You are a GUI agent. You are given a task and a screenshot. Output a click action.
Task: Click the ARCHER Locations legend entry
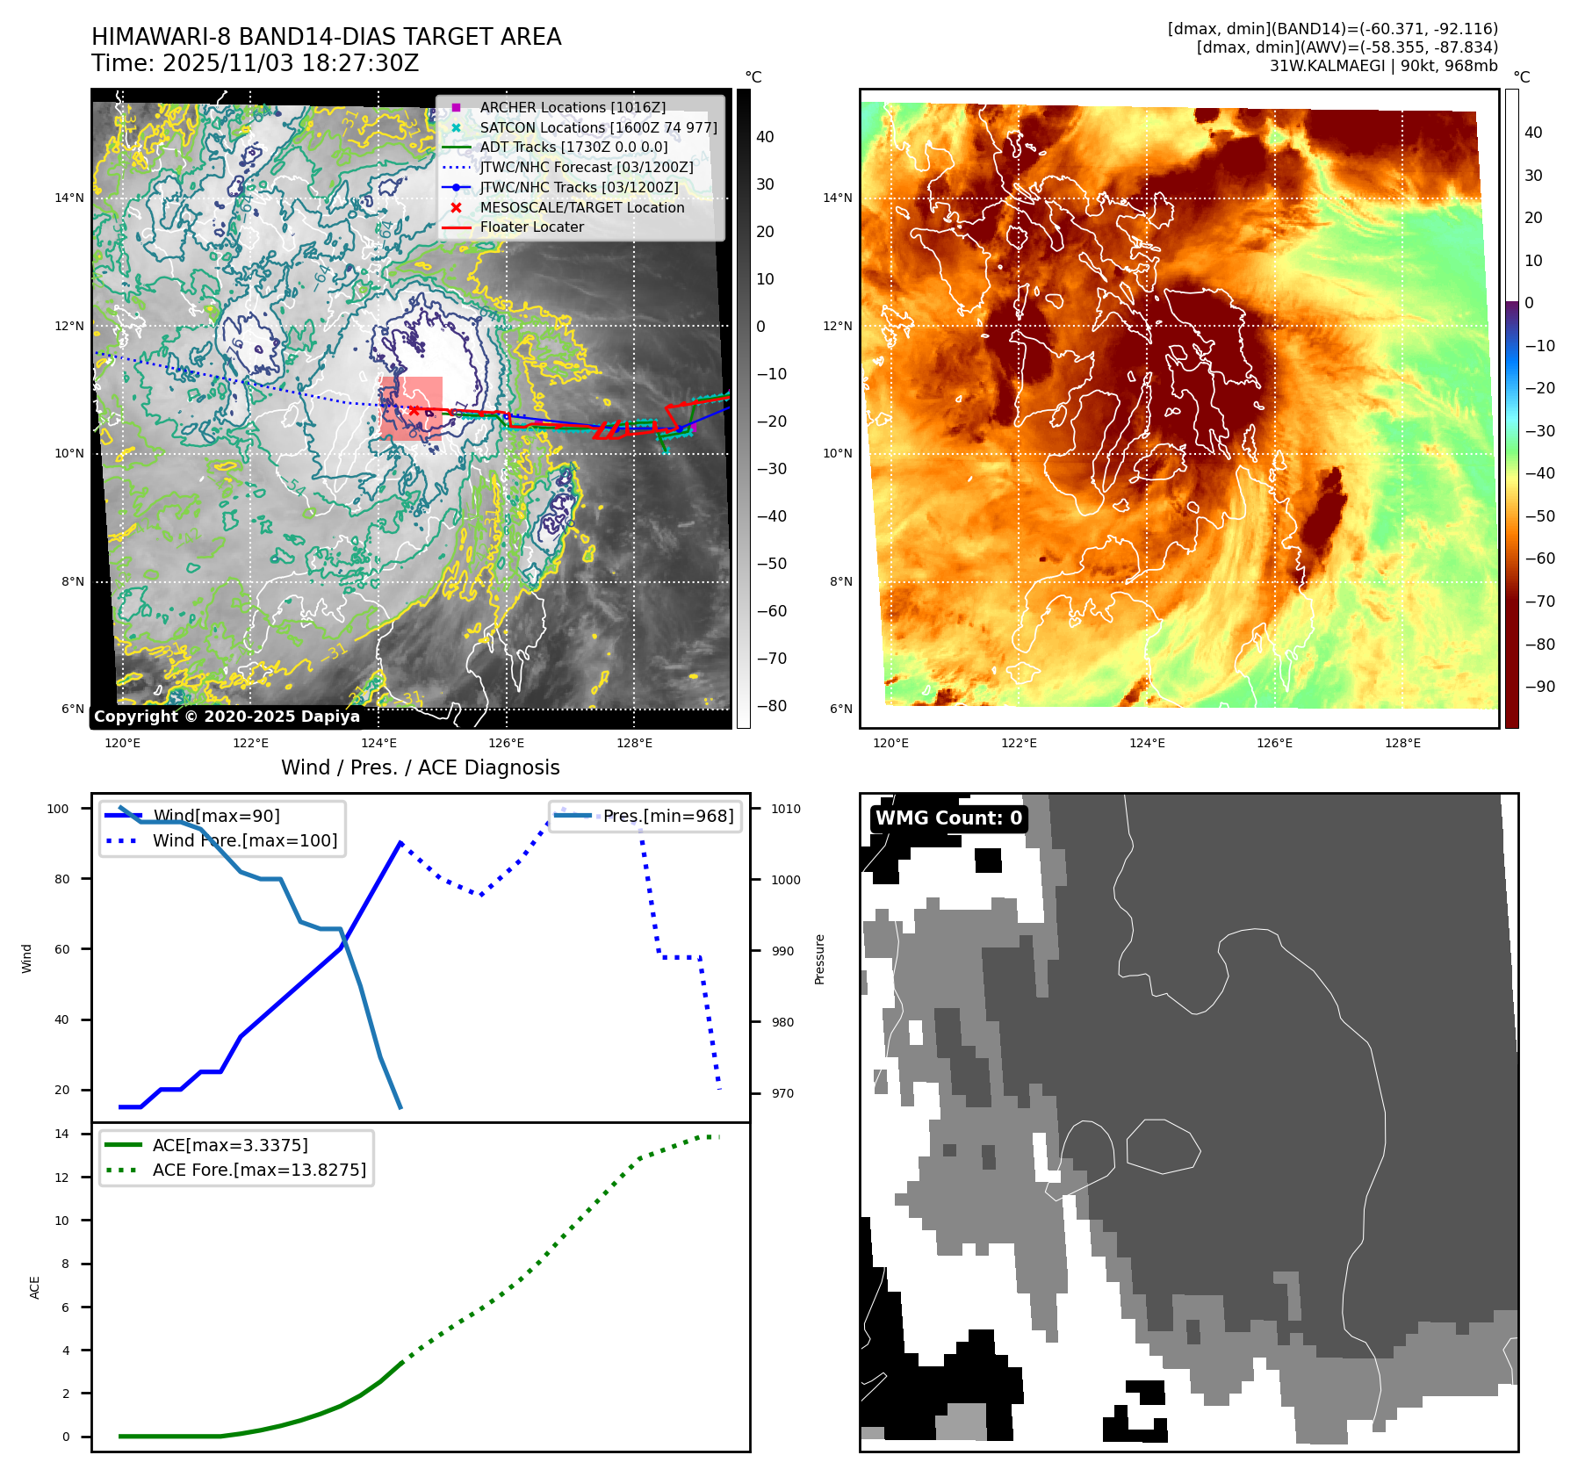click(573, 107)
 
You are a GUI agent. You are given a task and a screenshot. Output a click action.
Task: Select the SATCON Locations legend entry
click(598, 127)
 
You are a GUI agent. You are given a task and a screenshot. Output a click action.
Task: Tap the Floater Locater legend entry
click(531, 227)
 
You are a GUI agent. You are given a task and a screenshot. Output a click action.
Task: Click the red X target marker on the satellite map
click(414, 410)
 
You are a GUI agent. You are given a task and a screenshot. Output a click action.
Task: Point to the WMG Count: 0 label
click(948, 818)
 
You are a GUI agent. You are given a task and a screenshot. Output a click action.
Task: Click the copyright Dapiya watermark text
click(227, 717)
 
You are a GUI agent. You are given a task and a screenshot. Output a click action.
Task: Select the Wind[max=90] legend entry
click(216, 816)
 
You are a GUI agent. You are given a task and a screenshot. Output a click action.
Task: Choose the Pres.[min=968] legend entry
click(667, 816)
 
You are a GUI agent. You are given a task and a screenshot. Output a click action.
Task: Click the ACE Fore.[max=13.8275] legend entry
click(259, 1170)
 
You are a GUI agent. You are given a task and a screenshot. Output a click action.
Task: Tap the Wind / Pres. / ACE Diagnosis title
click(420, 767)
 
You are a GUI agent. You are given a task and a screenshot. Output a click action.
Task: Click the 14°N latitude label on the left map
click(69, 198)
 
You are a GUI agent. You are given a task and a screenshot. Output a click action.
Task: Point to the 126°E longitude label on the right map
click(1274, 743)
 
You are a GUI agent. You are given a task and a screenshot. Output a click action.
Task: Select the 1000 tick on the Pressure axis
click(785, 880)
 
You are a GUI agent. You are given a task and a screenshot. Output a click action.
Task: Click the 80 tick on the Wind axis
click(61, 879)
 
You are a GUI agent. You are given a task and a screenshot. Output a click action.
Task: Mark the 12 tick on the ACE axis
click(61, 1178)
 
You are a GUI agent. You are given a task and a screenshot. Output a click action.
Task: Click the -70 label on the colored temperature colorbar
click(1539, 602)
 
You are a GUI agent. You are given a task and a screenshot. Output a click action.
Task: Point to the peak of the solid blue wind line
click(400, 843)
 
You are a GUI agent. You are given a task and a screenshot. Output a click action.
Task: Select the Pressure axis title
click(819, 959)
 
